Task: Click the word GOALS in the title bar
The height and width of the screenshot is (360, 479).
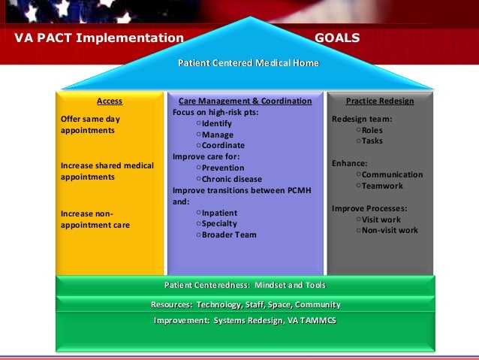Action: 337,38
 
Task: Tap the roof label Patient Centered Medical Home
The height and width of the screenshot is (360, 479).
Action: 247,62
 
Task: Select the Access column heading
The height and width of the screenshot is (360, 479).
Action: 110,101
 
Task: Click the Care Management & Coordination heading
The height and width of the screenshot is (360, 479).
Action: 245,101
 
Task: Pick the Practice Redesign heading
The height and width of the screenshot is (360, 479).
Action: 379,101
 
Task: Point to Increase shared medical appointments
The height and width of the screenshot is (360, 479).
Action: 104,171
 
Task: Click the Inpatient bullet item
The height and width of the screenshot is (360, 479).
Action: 219,213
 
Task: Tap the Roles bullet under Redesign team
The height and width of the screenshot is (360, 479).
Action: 372,130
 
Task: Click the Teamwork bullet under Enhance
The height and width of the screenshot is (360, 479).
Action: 382,186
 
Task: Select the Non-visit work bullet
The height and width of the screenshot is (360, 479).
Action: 390,231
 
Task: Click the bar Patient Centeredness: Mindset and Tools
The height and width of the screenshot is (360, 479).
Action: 245,285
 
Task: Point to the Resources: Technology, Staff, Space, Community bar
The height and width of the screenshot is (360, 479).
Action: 245,304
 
